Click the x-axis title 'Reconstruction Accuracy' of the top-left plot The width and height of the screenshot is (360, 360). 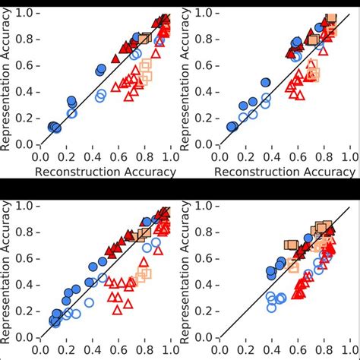tap(105, 172)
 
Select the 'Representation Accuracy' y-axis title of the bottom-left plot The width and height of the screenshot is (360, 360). tap(7, 270)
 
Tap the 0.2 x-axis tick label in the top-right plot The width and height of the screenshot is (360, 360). tap(245, 156)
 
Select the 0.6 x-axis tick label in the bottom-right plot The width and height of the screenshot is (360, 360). tap(297, 350)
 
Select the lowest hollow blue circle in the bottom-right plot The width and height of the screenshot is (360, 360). tap(272, 307)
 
